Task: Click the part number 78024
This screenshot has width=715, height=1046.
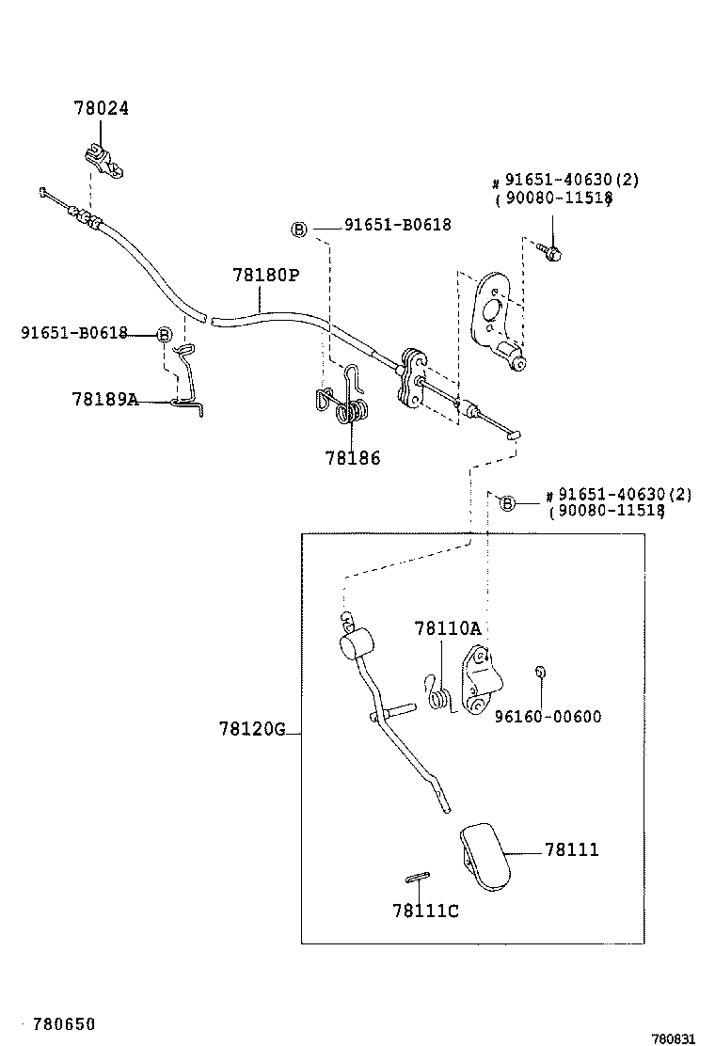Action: pyautogui.click(x=101, y=108)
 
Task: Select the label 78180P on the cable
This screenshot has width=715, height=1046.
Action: pyautogui.click(x=265, y=275)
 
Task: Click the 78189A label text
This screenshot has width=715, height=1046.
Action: pyautogui.click(x=104, y=399)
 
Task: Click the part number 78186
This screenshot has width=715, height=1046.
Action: pyautogui.click(x=353, y=458)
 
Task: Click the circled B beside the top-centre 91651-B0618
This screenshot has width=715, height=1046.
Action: pyautogui.click(x=299, y=230)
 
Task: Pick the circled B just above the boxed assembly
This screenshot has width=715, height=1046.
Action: pyautogui.click(x=506, y=503)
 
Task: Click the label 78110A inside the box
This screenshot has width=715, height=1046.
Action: pyautogui.click(x=447, y=628)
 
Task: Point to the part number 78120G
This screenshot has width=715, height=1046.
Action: pyautogui.click(x=251, y=728)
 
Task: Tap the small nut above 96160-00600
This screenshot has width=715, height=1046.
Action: pyautogui.click(x=541, y=672)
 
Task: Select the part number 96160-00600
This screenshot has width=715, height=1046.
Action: pyautogui.click(x=548, y=717)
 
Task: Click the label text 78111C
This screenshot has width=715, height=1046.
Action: pyautogui.click(x=425, y=910)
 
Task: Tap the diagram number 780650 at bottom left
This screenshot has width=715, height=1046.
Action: pyautogui.click(x=64, y=1023)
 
